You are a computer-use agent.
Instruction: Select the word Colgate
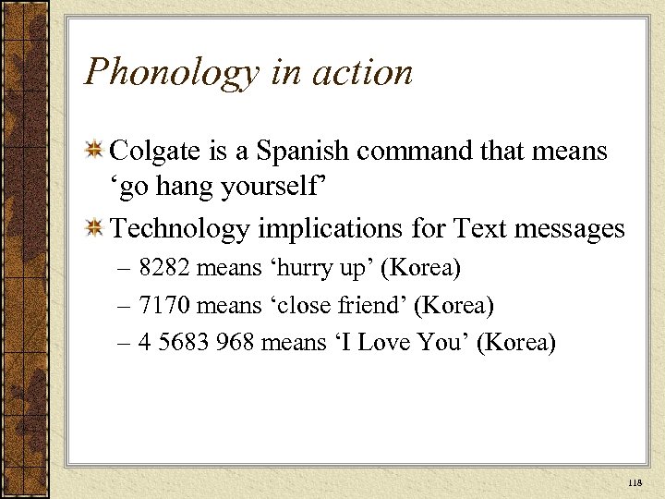tap(153, 151)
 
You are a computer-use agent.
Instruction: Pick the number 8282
tap(163, 268)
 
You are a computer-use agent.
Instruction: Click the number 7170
tap(163, 305)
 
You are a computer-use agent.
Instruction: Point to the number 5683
tap(184, 343)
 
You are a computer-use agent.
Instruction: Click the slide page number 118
tap(634, 482)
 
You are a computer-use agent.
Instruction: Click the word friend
tap(369, 305)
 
